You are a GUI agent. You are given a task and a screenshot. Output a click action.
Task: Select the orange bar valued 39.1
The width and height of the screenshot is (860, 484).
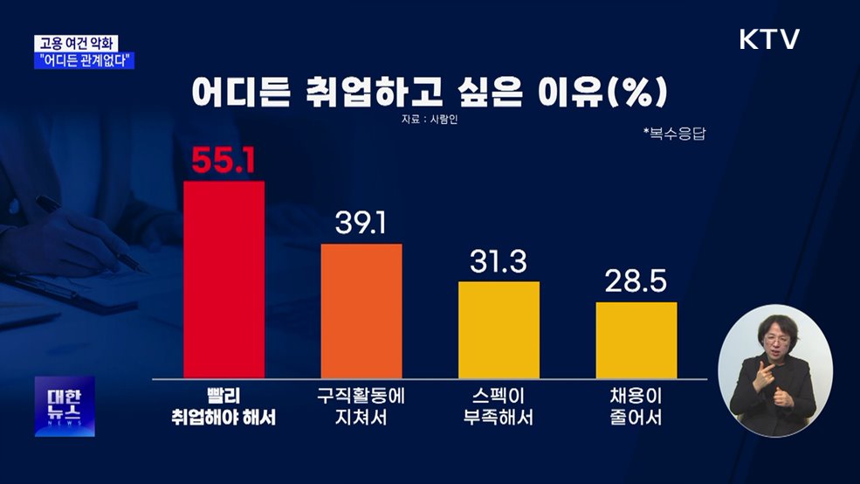pyautogui.click(x=361, y=310)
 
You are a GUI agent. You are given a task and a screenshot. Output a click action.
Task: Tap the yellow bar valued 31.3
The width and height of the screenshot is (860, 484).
pyautogui.click(x=499, y=329)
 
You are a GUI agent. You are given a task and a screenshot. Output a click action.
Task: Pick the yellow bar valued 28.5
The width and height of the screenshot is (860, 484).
pyautogui.click(x=636, y=340)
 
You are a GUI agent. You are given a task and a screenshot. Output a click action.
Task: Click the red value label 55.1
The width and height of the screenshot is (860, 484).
pyautogui.click(x=224, y=161)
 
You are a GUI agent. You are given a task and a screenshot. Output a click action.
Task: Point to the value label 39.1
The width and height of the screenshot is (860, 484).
pyautogui.click(x=361, y=225)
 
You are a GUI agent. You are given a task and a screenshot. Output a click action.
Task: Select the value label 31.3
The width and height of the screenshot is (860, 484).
pyautogui.click(x=499, y=262)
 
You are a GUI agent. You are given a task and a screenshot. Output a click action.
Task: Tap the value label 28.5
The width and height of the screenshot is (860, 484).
pyautogui.click(x=636, y=282)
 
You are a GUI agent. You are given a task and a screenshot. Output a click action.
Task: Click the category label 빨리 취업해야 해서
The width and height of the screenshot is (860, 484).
pyautogui.click(x=224, y=405)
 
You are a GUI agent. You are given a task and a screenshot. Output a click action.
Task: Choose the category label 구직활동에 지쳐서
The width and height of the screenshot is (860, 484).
pyautogui.click(x=361, y=405)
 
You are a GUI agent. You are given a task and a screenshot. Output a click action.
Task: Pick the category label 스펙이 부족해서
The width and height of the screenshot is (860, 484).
pyautogui.click(x=499, y=405)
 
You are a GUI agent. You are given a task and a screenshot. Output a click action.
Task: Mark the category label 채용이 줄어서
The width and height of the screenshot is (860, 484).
pyautogui.click(x=636, y=405)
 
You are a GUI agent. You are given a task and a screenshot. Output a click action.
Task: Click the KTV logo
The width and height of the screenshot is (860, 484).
pyautogui.click(x=769, y=39)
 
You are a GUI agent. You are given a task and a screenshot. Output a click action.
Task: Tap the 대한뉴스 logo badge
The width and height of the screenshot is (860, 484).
pyautogui.click(x=65, y=406)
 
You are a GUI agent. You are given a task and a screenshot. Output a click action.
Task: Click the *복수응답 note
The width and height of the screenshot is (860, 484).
pyautogui.click(x=673, y=133)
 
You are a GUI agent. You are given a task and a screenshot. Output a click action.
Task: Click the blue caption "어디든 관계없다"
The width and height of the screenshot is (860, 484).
pyautogui.click(x=86, y=61)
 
